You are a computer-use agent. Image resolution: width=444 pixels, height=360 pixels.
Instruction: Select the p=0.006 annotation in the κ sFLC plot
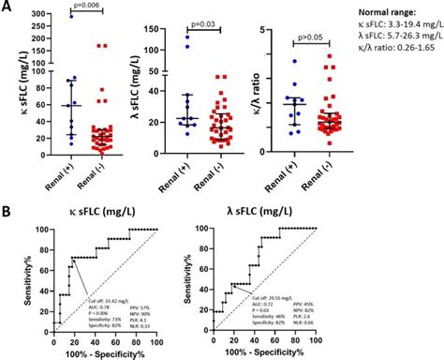[84, 7]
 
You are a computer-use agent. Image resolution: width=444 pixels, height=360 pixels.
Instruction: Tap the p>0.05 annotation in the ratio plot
[314, 40]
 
